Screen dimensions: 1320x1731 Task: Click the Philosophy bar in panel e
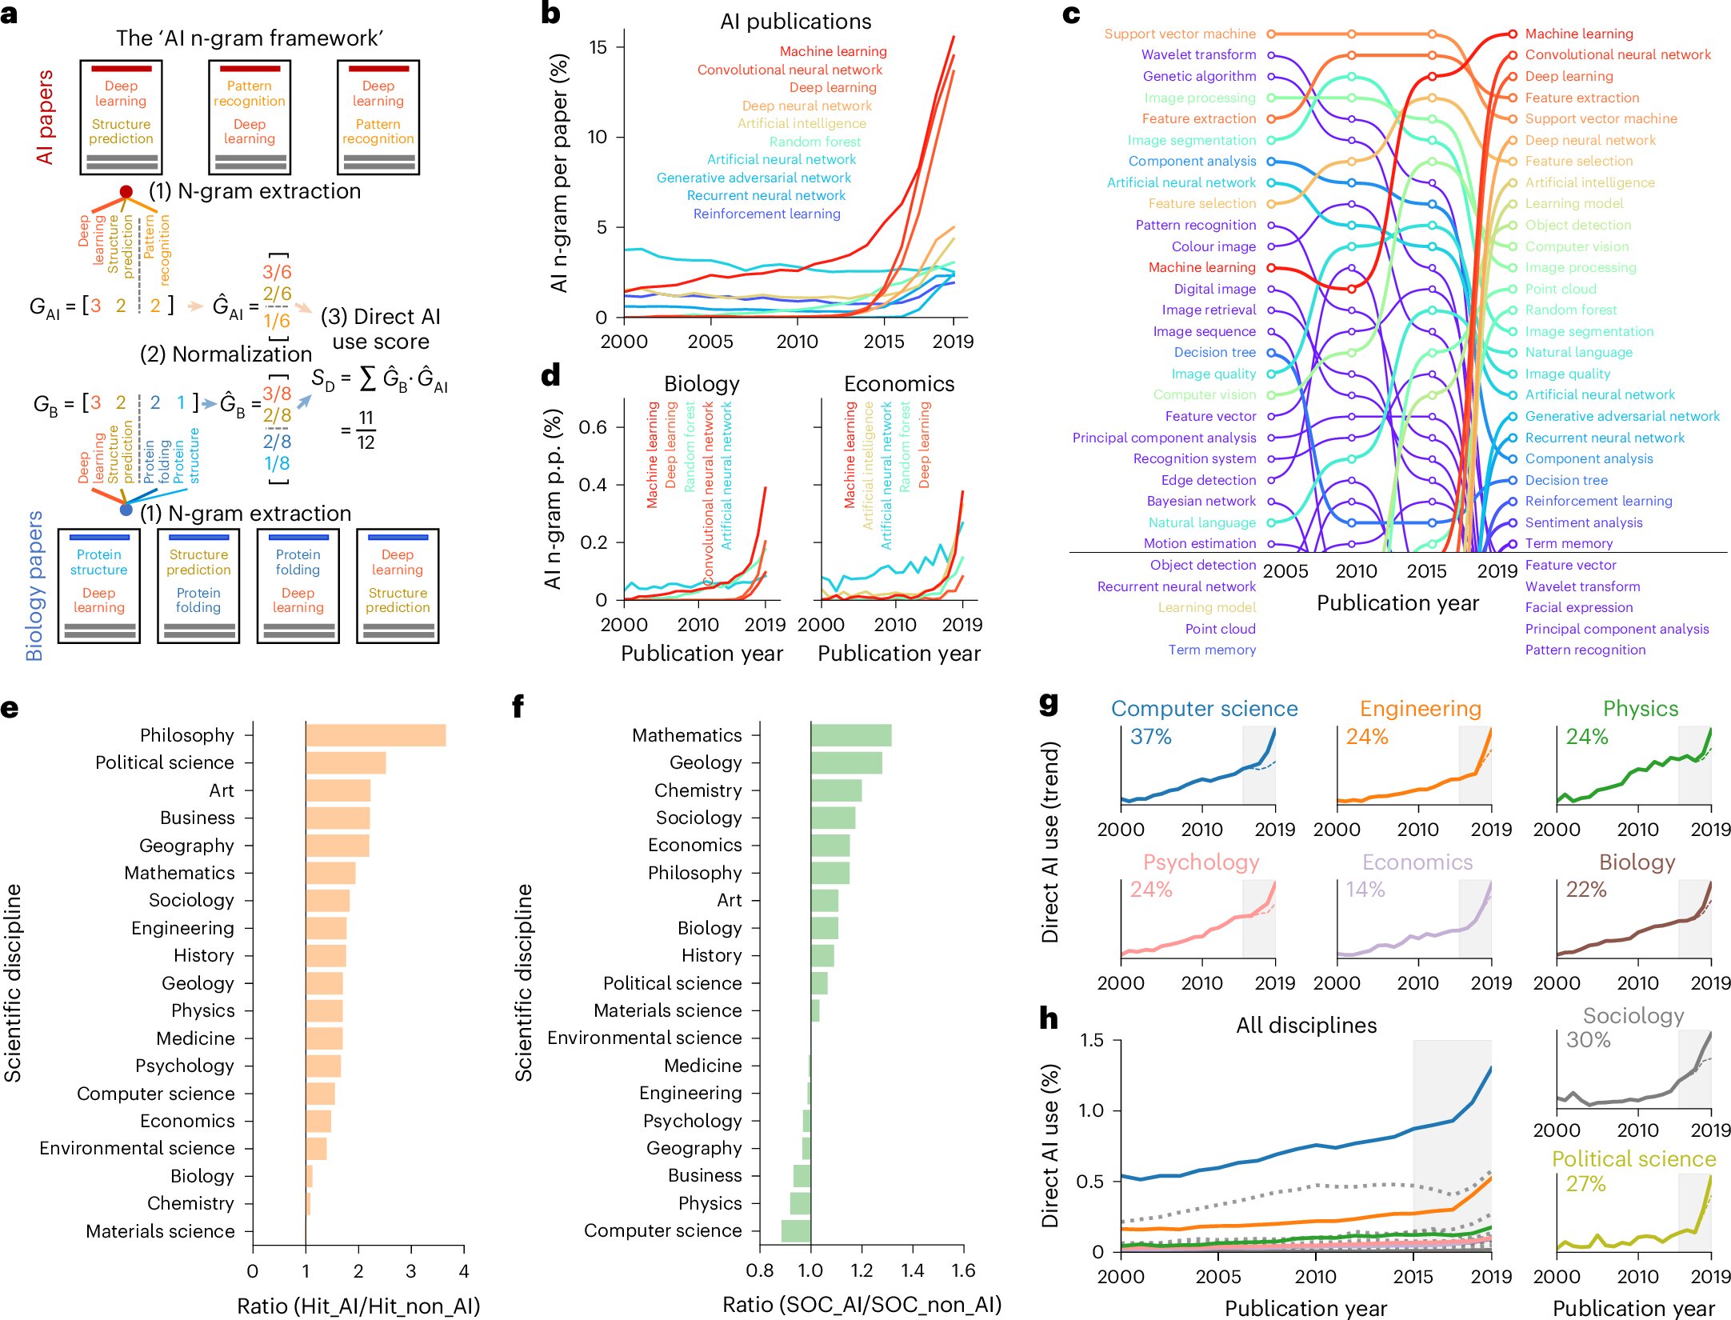click(375, 735)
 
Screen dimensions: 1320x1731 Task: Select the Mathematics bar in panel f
click(851, 735)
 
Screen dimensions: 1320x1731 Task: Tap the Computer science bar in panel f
click(796, 1230)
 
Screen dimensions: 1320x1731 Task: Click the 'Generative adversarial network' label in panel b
click(754, 178)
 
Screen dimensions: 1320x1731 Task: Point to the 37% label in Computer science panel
click(1150, 737)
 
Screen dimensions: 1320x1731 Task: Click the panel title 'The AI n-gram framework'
click(250, 38)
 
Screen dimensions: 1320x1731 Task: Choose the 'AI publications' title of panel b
click(795, 22)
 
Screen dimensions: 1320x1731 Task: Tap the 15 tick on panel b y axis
click(598, 47)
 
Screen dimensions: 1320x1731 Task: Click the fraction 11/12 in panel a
click(366, 430)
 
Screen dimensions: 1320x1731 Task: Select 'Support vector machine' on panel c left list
click(1180, 34)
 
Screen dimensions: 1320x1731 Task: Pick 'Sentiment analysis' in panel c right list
click(1583, 522)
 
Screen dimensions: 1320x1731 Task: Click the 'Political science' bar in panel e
click(346, 762)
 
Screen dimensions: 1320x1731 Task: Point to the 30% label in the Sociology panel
click(1588, 1040)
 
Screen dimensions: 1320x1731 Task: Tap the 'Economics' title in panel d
click(899, 384)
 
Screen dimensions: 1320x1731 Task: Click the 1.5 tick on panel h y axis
click(1091, 1040)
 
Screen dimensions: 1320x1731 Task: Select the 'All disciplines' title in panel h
click(1306, 1025)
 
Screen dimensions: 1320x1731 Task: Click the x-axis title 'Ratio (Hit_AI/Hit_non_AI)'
click(358, 1306)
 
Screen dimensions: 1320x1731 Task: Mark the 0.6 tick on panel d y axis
click(593, 427)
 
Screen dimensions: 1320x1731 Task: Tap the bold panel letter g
click(1048, 703)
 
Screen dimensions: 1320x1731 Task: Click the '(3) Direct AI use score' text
click(380, 329)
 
